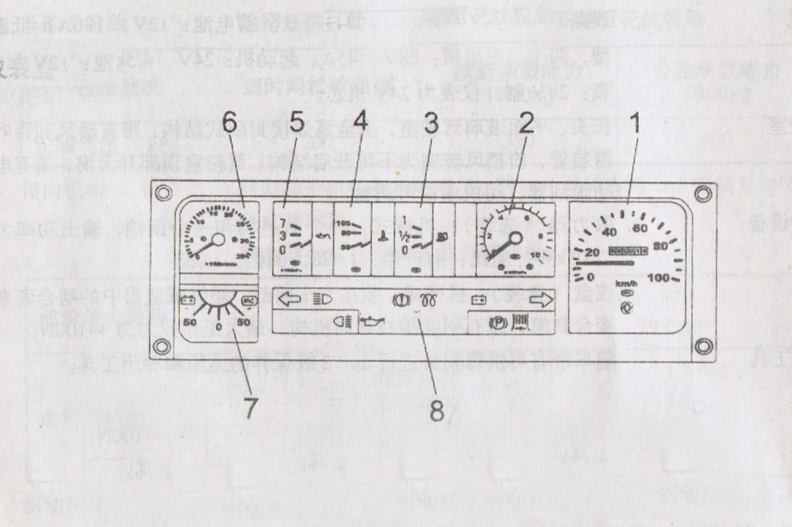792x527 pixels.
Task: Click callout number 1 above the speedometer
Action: click(x=634, y=126)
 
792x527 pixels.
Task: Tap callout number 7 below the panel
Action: click(x=250, y=406)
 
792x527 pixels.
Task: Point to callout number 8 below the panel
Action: click(x=437, y=411)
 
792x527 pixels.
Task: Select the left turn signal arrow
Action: click(x=290, y=300)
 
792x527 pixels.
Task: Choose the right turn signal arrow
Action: click(x=539, y=300)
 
